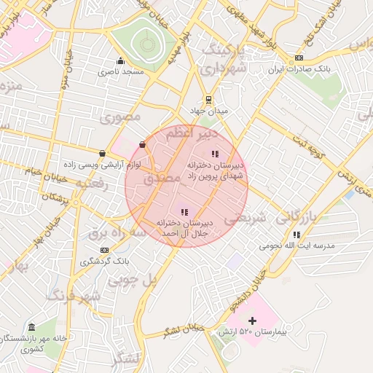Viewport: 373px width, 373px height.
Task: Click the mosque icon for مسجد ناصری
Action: pyautogui.click(x=120, y=60)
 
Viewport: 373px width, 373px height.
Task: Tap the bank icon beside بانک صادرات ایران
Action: pyautogui.click(x=299, y=58)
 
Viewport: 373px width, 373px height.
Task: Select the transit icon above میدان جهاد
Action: pyautogui.click(x=209, y=100)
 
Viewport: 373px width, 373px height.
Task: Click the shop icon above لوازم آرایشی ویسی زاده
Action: pyautogui.click(x=101, y=154)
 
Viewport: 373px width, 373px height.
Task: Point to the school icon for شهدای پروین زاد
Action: pyautogui.click(x=214, y=154)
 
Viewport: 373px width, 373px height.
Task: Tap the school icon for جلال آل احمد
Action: pyautogui.click(x=184, y=211)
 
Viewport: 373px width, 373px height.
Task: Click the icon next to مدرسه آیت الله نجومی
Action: pyautogui.click(x=296, y=235)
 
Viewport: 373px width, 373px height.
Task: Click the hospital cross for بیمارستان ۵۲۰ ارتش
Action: pyautogui.click(x=252, y=321)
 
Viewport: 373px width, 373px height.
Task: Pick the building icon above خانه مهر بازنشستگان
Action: pyautogui.click(x=31, y=327)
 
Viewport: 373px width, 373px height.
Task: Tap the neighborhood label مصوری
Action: pyautogui.click(x=120, y=117)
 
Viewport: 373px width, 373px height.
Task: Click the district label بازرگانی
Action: pyautogui.click(x=297, y=216)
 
